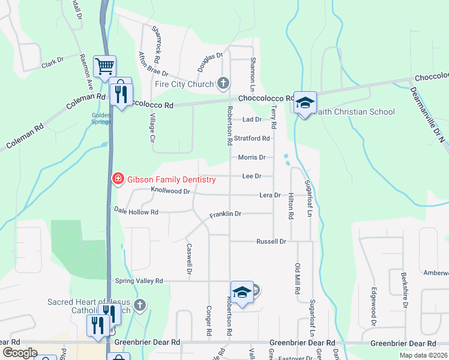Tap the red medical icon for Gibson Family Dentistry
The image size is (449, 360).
pyautogui.click(x=118, y=179)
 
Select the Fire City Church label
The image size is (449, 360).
pyautogui.click(x=184, y=84)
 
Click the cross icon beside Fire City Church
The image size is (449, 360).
pyautogui.click(x=223, y=83)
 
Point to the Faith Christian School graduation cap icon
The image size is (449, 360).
pyautogui.click(x=305, y=103)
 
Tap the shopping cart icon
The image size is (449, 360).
pyautogui.click(x=104, y=65)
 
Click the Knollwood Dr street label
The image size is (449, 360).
pyautogui.click(x=170, y=191)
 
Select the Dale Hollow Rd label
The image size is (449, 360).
pyautogui.click(x=136, y=212)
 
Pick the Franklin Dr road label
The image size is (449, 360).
pyautogui.click(x=225, y=214)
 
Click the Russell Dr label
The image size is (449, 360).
pyautogui.click(x=273, y=241)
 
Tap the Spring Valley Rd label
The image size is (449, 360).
pyautogui.click(x=139, y=280)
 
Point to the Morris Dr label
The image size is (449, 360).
pyautogui.click(x=252, y=157)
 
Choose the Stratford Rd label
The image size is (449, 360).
pyautogui.click(x=252, y=138)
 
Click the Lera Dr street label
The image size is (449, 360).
pyautogui.click(x=270, y=195)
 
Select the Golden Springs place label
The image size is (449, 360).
pyautogui.click(x=101, y=118)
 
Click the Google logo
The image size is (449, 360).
pyautogui.click(x=20, y=353)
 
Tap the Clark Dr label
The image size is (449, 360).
pyautogui.click(x=52, y=61)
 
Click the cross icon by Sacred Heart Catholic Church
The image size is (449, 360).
pyautogui.click(x=140, y=305)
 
